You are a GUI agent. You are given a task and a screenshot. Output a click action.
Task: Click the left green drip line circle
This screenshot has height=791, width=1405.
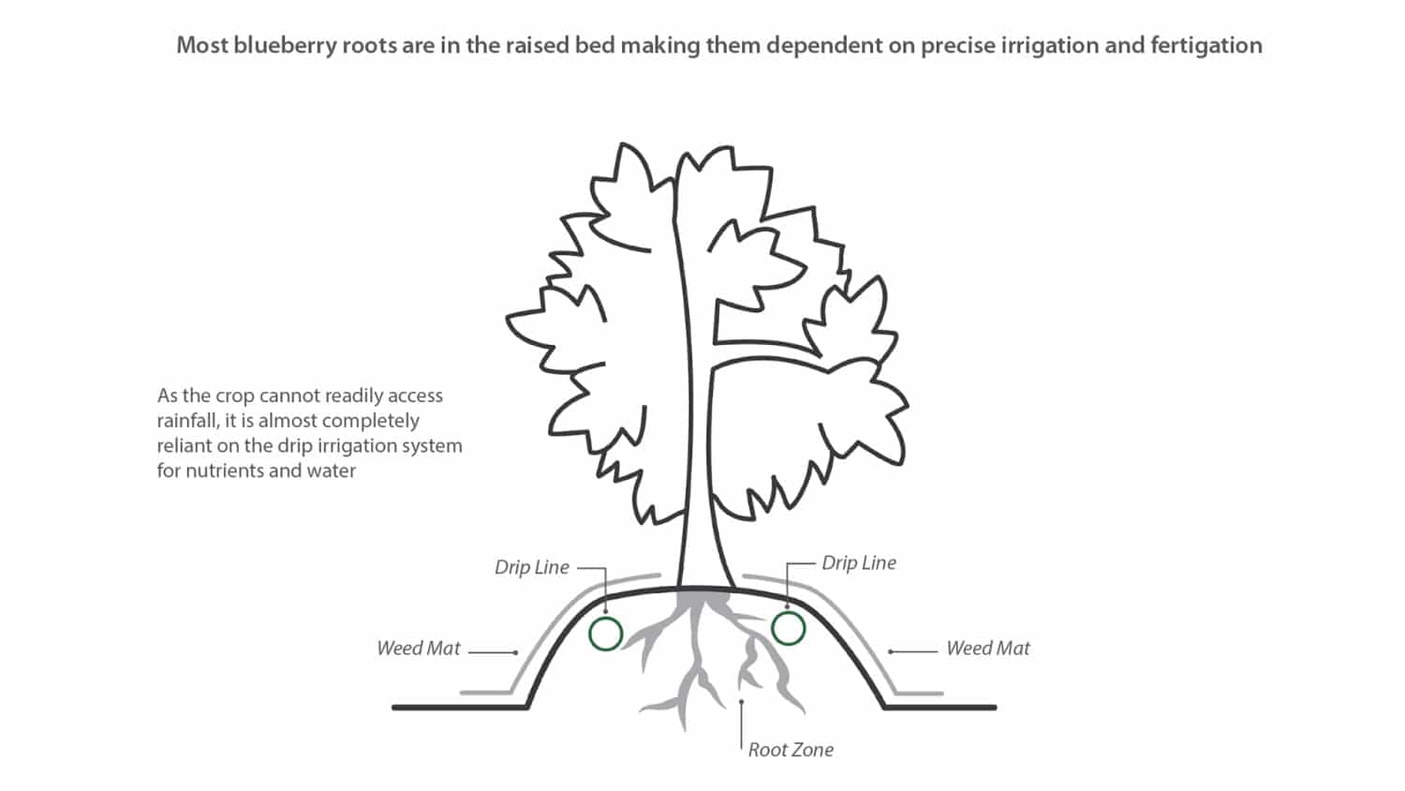(606, 634)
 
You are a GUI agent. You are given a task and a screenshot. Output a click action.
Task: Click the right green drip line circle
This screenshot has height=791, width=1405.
(789, 629)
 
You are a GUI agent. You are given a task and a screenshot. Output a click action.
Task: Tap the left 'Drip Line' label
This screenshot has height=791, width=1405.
(531, 567)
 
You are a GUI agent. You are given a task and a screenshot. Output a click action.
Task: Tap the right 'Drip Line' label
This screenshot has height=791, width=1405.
(858, 562)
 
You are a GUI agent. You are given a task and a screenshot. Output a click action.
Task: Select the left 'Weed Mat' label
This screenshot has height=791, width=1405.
(418, 648)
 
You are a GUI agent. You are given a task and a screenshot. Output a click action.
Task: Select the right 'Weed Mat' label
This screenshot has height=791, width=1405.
(987, 648)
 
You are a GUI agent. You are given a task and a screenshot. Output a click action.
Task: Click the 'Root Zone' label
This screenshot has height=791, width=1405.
(791, 750)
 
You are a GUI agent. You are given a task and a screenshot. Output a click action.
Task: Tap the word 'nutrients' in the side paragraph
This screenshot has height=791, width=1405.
(225, 470)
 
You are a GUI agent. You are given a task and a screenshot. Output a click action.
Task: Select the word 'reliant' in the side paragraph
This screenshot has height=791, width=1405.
(184, 446)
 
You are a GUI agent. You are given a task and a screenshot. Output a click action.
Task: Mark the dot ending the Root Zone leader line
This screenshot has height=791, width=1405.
(742, 701)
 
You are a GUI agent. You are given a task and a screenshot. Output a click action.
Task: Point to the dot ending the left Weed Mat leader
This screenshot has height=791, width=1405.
(516, 652)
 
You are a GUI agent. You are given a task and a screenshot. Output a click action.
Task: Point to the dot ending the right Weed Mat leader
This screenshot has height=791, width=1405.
(890, 651)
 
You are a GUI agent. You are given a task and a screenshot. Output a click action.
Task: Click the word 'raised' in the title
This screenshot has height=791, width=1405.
(537, 45)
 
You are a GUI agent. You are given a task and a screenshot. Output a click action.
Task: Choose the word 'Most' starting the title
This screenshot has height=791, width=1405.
(201, 45)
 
